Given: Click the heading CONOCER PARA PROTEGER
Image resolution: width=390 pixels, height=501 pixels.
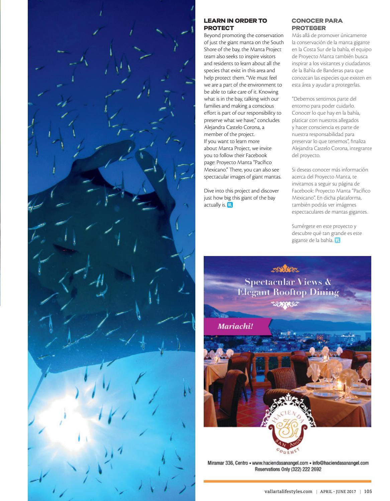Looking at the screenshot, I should pos(317,24).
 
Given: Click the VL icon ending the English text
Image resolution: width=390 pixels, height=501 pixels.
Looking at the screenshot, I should pos(230,205).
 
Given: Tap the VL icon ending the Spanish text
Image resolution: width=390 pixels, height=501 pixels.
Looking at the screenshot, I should pos(337,240).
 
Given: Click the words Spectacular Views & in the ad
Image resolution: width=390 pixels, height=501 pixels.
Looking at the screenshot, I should pos(287,282).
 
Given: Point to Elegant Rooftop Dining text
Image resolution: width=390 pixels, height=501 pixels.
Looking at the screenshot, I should pos(288,292).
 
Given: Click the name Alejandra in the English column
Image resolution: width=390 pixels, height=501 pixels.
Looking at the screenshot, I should pos(214,127).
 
